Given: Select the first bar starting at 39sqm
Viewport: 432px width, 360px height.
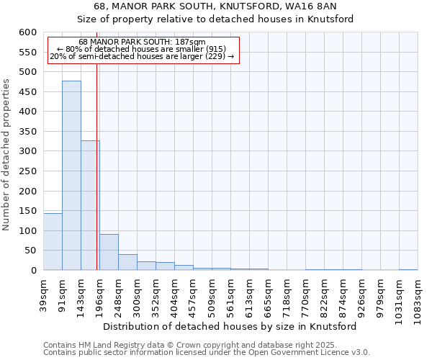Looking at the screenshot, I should pyautogui.click(x=53, y=241).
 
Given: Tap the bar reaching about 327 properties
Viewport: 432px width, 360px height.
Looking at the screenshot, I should pyautogui.click(x=90, y=205).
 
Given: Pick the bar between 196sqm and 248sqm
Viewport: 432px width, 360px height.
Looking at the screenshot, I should pyautogui.click(x=109, y=252).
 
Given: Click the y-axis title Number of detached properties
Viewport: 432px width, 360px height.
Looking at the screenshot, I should pyautogui.click(x=6, y=156).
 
